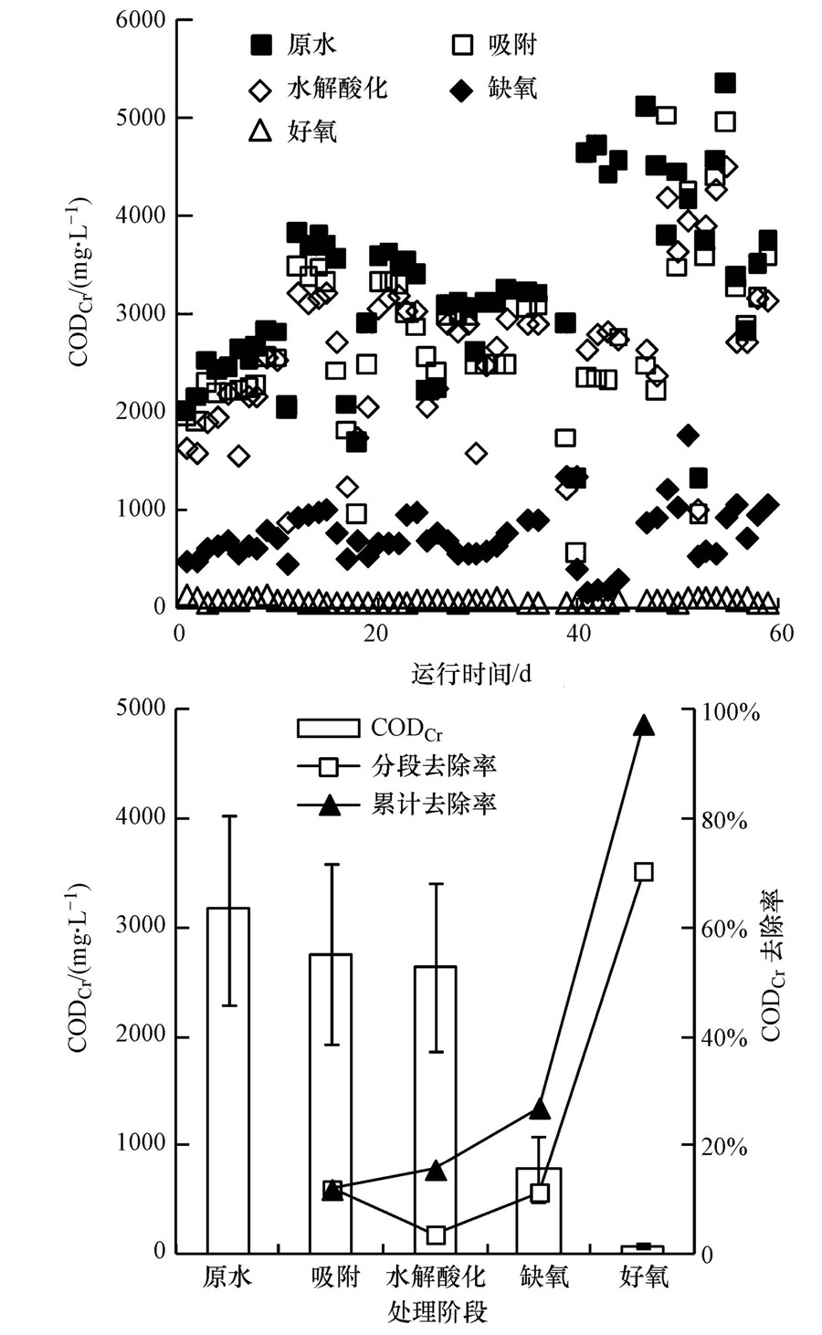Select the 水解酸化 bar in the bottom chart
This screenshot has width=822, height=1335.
435,1109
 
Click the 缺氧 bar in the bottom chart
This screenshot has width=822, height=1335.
539,1211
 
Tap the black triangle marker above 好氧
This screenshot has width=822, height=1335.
643,725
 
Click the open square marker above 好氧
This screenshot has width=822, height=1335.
643,871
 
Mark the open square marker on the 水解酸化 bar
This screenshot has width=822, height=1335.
436,1235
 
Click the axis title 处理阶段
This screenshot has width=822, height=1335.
437,1312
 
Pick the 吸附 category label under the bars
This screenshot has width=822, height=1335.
333,1276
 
